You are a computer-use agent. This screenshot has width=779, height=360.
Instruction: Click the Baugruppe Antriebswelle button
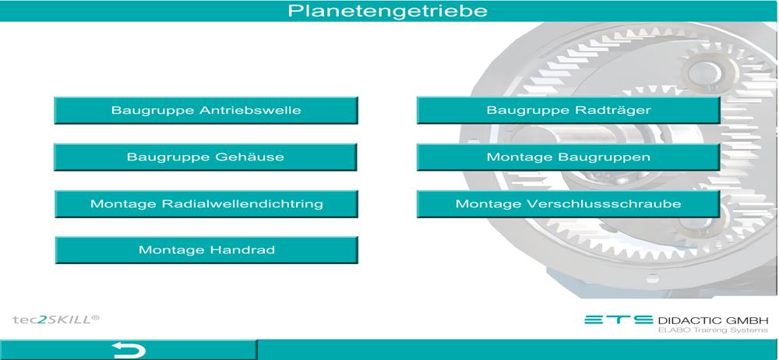(206, 110)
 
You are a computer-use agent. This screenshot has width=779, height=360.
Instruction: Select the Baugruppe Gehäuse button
(206, 157)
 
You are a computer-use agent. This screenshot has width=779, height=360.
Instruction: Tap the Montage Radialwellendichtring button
(206, 204)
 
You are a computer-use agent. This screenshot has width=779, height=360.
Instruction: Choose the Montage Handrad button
(206, 249)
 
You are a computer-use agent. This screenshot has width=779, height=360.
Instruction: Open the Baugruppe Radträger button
(569, 110)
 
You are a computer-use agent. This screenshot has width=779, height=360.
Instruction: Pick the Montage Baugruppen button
(569, 157)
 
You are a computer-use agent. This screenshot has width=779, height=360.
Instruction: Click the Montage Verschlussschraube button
(569, 204)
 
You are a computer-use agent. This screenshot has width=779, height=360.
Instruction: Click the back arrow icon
(129, 350)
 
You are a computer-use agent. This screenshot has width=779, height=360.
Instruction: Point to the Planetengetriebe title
(388, 10)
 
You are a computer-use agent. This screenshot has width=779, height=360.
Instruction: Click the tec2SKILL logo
(55, 319)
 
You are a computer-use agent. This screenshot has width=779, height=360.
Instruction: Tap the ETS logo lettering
(619, 319)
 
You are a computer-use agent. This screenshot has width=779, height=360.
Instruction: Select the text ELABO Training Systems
(713, 330)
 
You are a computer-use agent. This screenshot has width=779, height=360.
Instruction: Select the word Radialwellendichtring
(242, 204)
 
